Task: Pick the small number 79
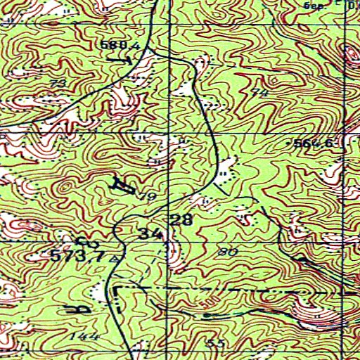(x=146, y=196)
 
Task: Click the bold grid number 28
(x=181, y=220)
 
